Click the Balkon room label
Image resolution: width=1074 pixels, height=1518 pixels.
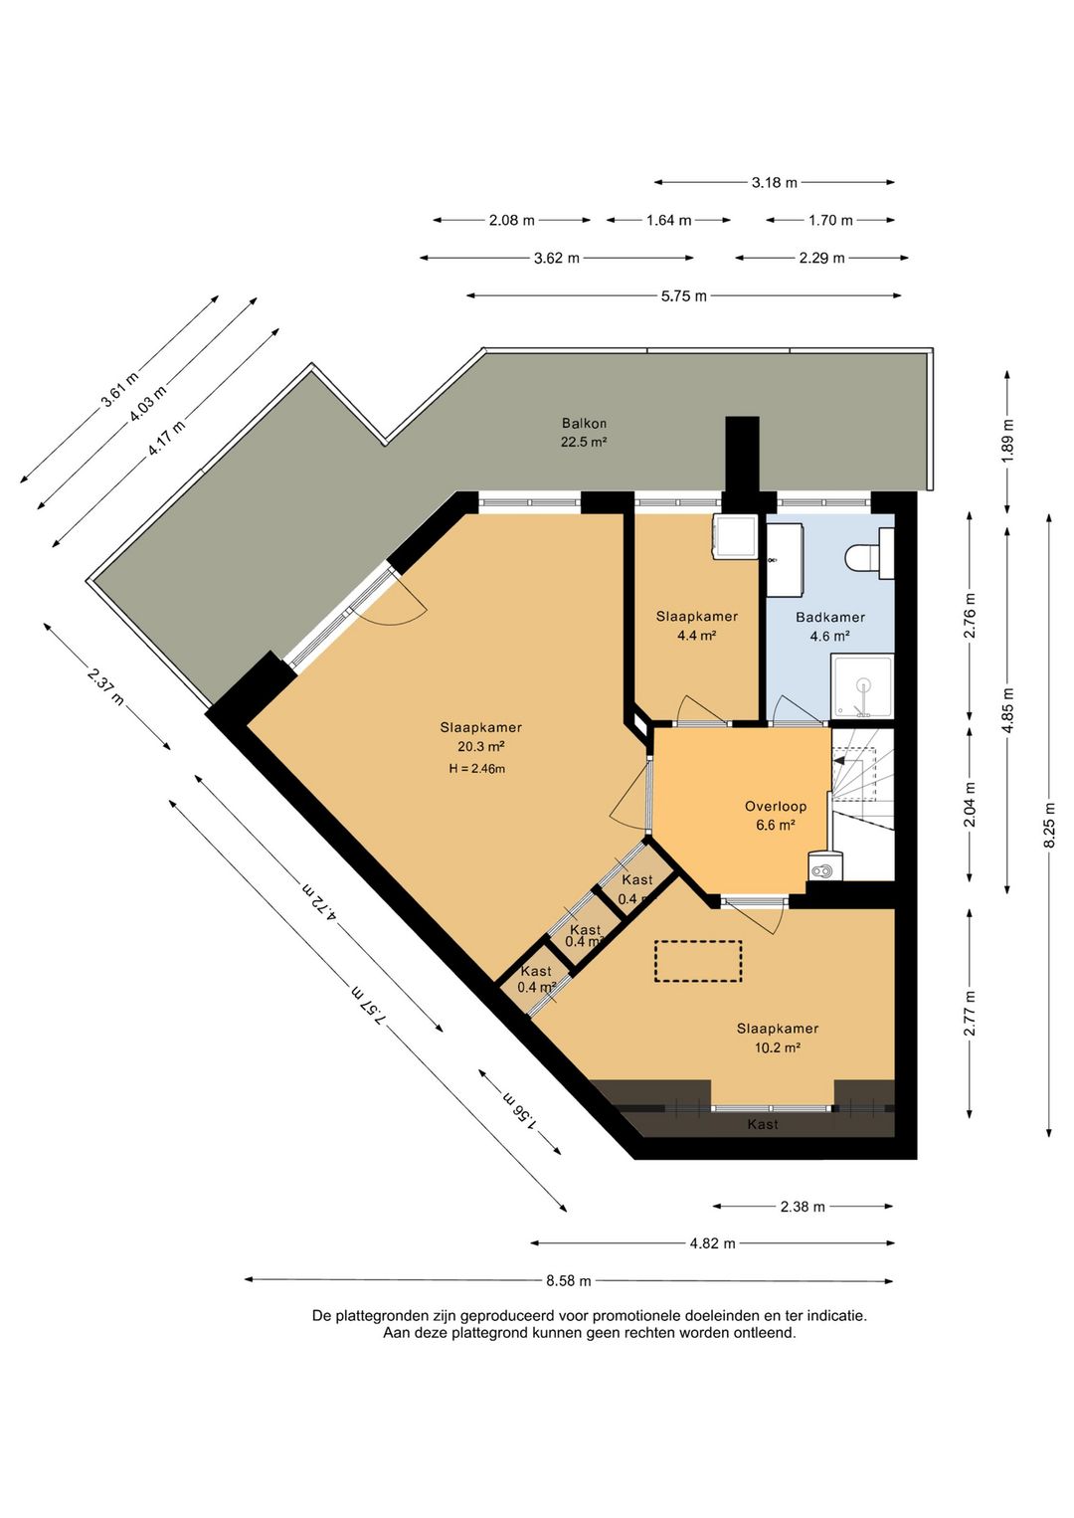pos(584,424)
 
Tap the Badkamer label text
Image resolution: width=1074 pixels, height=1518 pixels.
pos(830,618)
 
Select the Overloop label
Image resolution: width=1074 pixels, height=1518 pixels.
pos(776,807)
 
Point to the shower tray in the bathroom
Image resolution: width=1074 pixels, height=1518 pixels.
pos(862,686)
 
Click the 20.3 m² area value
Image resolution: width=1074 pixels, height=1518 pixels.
pos(481,747)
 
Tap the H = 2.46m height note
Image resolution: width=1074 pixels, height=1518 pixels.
pos(476,769)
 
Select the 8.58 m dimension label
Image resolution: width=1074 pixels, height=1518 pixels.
pos(569,1281)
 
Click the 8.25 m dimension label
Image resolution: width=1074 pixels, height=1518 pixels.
pos(1049,825)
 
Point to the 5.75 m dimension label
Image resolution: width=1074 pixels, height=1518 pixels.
pos(684,296)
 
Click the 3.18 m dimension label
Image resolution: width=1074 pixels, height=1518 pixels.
pos(775,182)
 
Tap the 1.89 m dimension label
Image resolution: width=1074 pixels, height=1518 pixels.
pos(1008,441)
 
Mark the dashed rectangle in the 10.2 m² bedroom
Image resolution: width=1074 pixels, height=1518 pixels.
pos(698,961)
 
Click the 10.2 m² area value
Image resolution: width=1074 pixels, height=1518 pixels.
pos(778,1047)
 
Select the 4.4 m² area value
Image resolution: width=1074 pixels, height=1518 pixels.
pos(696,636)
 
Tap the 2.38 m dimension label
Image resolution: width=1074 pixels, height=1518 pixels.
pos(803,1207)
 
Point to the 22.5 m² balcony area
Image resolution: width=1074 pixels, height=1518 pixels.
pos(584,443)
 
